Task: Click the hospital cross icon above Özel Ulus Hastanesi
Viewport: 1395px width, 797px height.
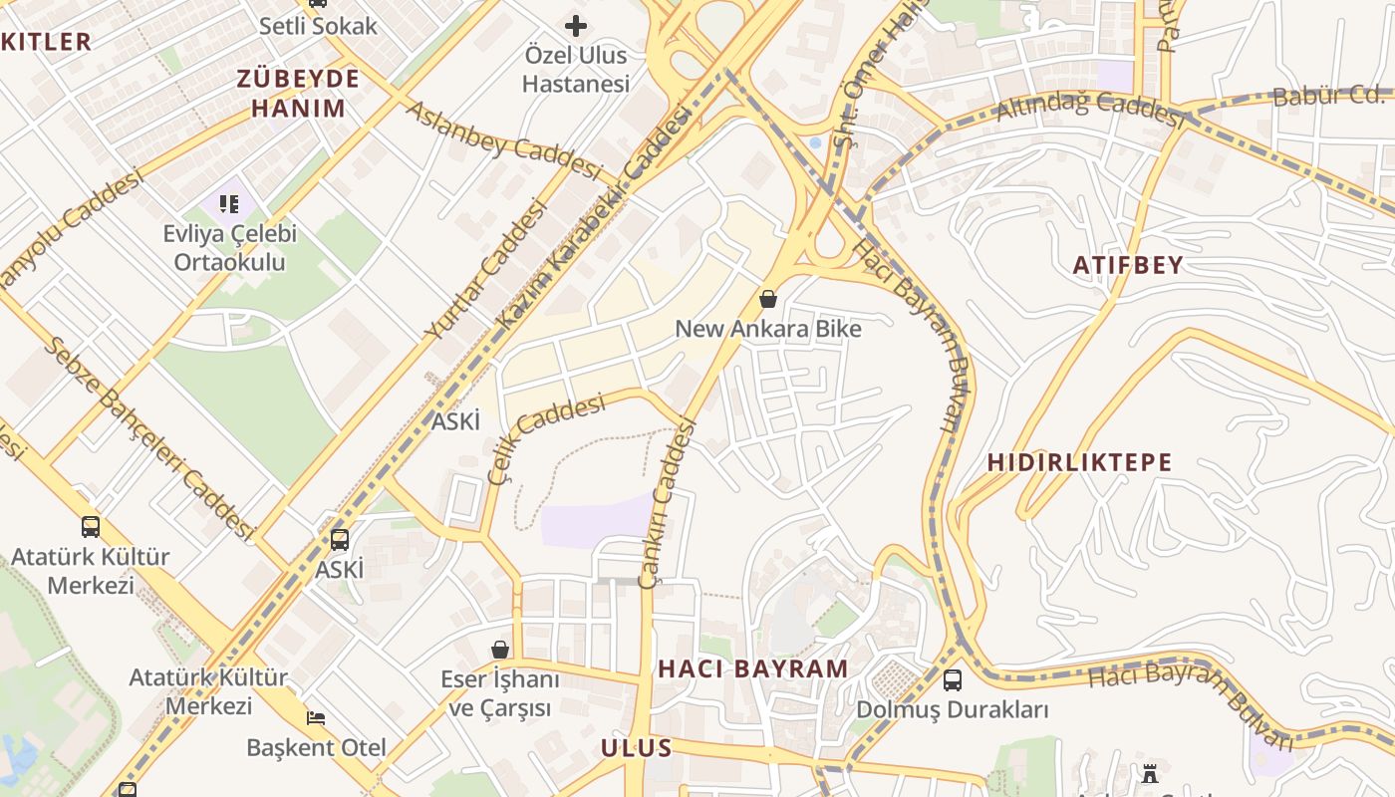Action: click(x=576, y=26)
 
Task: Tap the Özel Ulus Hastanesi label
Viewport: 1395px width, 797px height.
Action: click(x=576, y=70)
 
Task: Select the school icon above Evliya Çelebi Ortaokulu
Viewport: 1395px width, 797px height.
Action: click(x=229, y=204)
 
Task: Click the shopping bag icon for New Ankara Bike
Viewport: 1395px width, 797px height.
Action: click(x=768, y=298)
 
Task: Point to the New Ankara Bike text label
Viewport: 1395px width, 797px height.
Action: click(x=768, y=329)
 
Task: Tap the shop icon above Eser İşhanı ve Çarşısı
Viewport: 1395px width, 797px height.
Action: click(x=500, y=650)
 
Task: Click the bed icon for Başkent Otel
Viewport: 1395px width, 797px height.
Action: click(x=315, y=717)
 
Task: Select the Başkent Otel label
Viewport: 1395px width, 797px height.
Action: click(x=316, y=747)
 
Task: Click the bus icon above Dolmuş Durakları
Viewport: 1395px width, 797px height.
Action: click(x=953, y=680)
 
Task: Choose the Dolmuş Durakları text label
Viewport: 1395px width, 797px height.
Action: click(x=953, y=710)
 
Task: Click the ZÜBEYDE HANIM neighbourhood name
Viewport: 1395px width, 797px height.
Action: click(x=298, y=94)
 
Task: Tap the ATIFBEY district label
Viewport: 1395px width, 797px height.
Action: click(x=1128, y=265)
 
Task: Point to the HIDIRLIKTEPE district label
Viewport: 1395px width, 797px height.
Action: click(x=1080, y=462)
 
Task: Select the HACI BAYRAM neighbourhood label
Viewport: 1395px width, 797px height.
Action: click(x=753, y=668)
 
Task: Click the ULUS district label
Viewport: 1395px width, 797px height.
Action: click(x=637, y=748)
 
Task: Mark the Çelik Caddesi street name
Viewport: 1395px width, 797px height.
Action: click(x=546, y=438)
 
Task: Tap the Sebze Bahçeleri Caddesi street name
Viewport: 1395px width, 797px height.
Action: click(x=149, y=438)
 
